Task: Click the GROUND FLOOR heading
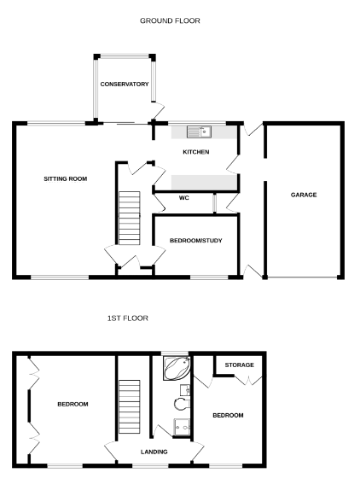click(170, 20)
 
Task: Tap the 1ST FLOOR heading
click(128, 318)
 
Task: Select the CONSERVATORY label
click(125, 85)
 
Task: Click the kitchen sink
click(199, 131)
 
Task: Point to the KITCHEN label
click(196, 152)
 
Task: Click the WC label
click(183, 198)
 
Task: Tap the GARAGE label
click(304, 195)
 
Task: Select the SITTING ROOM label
click(66, 179)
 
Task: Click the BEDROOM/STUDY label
click(196, 241)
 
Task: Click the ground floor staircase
click(130, 218)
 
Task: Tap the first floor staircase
click(130, 406)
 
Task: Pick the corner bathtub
click(177, 368)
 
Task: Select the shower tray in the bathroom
click(182, 427)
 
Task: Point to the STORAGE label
click(240, 365)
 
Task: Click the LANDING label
click(154, 452)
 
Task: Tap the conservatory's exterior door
click(158, 111)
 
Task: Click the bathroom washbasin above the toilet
click(185, 390)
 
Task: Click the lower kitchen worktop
click(205, 183)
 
